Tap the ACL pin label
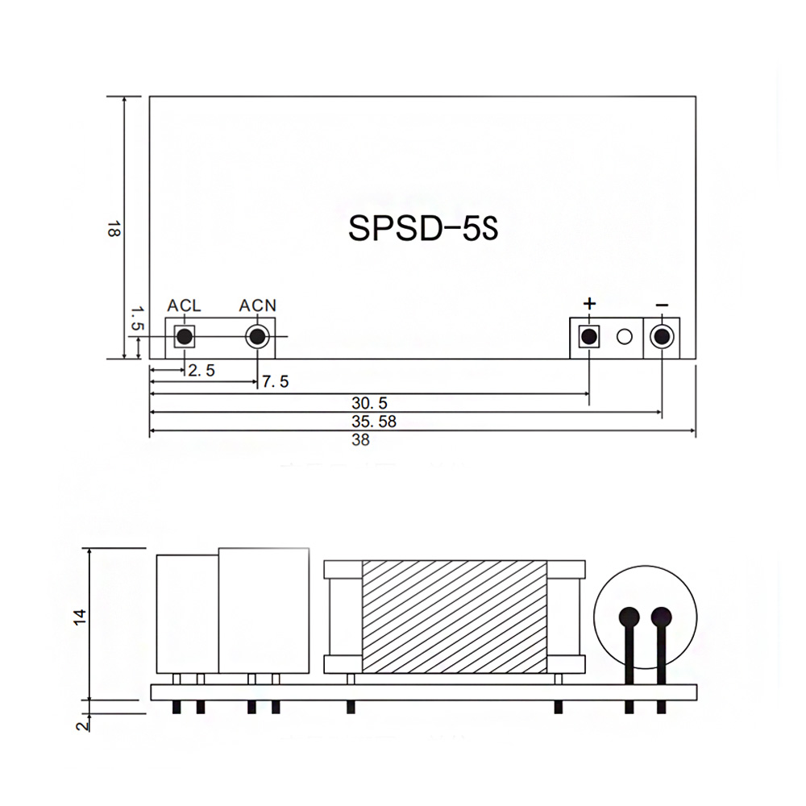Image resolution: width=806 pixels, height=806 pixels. click(x=184, y=306)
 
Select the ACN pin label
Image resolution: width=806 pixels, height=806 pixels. click(x=258, y=306)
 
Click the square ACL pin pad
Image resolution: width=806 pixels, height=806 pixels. click(x=185, y=337)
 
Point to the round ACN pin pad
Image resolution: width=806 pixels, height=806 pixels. click(x=258, y=337)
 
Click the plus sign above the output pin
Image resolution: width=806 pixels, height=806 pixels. click(x=589, y=304)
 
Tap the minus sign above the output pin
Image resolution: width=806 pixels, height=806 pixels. click(x=662, y=305)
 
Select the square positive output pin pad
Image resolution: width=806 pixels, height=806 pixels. click(x=589, y=337)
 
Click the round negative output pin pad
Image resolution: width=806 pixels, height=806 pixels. click(x=662, y=337)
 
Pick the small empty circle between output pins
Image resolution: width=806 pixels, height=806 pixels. click(x=625, y=337)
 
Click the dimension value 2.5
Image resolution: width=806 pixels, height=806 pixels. click(x=201, y=371)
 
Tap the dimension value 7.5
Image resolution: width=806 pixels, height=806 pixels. click(x=276, y=381)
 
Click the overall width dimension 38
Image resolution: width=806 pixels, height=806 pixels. click(x=361, y=441)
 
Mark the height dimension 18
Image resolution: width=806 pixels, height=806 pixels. click(x=112, y=229)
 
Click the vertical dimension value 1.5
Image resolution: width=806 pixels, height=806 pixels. click(x=136, y=318)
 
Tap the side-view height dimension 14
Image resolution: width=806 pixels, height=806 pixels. click(x=78, y=617)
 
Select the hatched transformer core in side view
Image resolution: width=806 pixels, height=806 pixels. click(x=455, y=617)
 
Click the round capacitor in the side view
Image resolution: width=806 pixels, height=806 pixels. click(x=644, y=618)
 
